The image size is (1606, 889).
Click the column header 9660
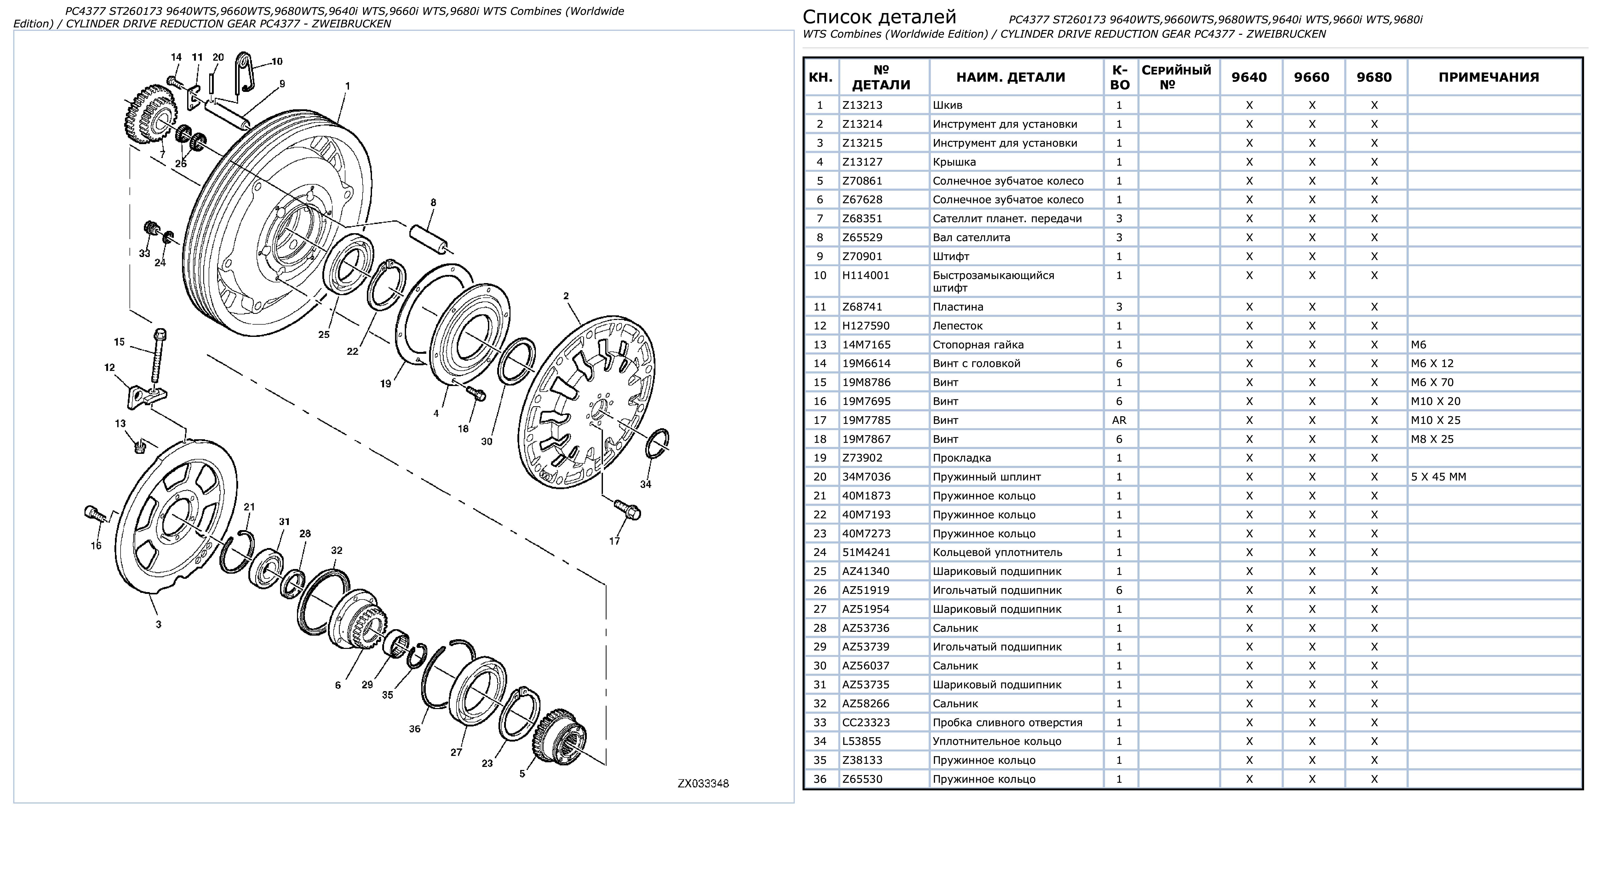[1312, 77]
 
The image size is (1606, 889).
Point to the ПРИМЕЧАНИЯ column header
[1489, 77]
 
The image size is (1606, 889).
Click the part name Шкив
[948, 105]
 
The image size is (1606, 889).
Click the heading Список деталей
[879, 17]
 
